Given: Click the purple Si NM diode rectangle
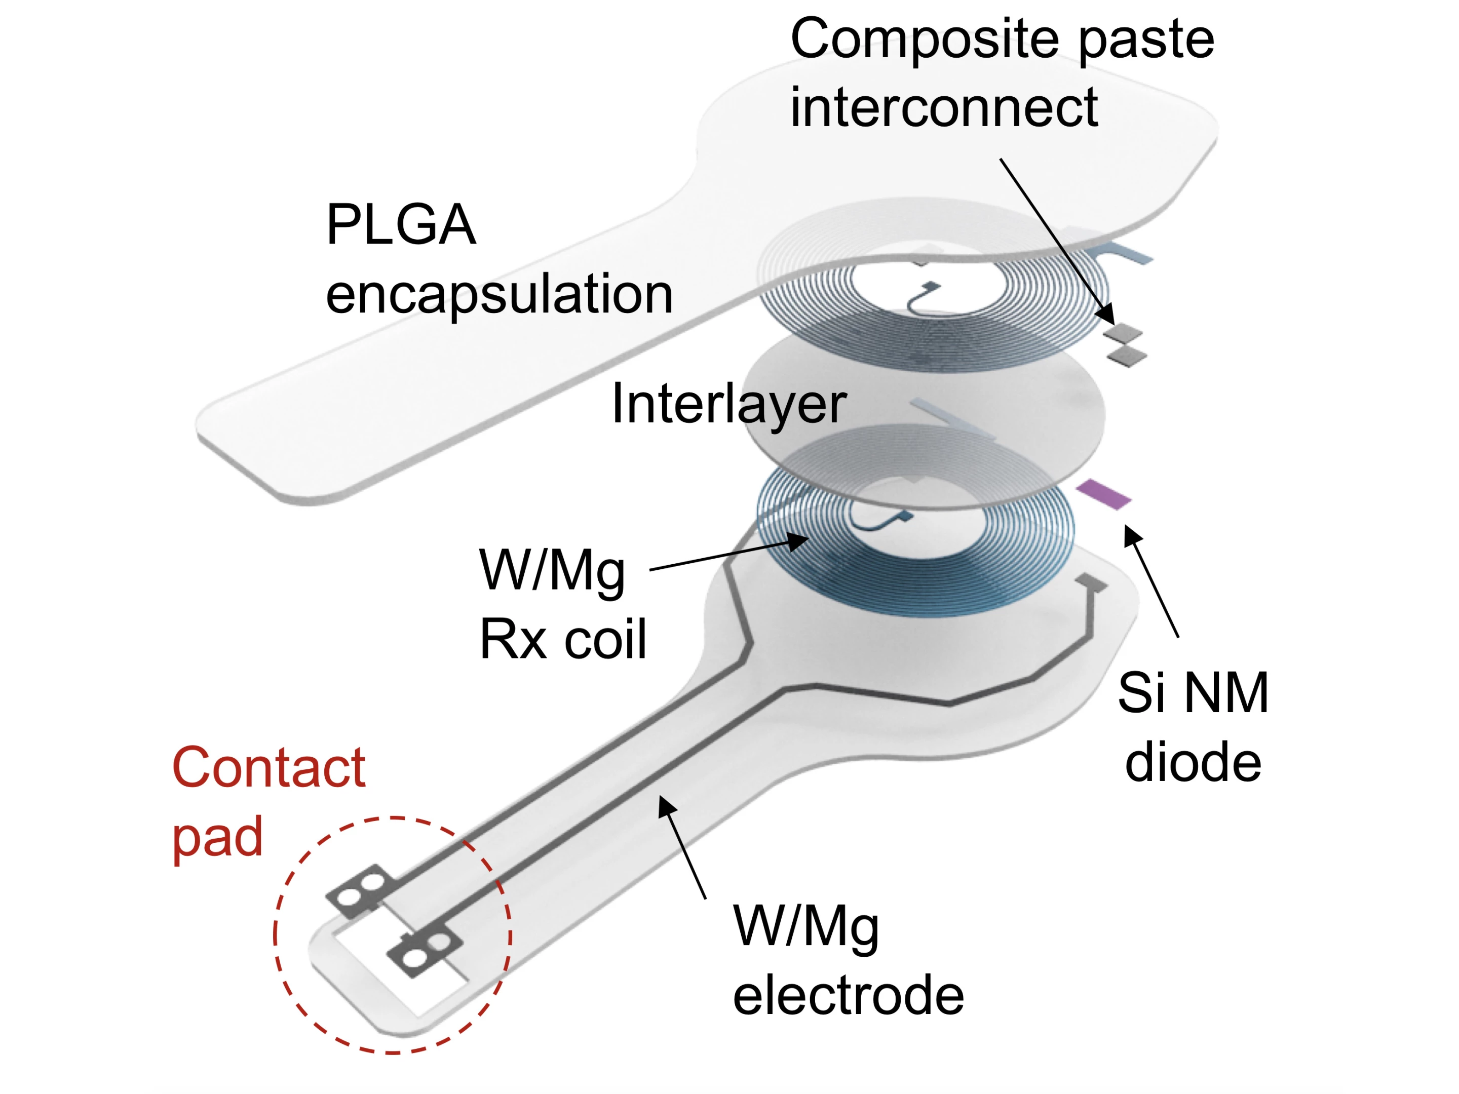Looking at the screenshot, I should tap(1103, 494).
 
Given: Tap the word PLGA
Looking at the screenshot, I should tap(400, 225).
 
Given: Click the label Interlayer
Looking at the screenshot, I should tap(729, 404).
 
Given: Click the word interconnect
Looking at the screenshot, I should tap(944, 107).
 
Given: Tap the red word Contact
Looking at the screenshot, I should tap(268, 768).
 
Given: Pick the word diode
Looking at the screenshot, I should tap(1193, 762).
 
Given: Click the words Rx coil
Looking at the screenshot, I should tap(563, 639).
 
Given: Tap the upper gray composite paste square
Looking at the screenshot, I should tap(1123, 333).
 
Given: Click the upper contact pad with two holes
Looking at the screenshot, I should tap(361, 888).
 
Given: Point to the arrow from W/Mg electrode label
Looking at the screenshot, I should tap(683, 847).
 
